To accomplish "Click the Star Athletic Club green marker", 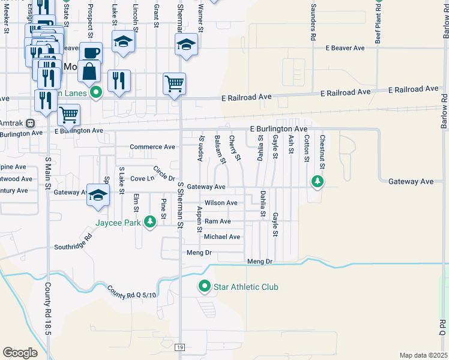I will [x=205, y=287].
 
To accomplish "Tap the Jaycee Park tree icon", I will [x=150, y=223].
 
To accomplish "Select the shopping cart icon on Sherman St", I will [x=174, y=84].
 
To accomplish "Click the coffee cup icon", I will [x=91, y=53].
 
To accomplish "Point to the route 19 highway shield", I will [x=179, y=347].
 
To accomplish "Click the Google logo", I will [x=20, y=353].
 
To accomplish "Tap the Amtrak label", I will [x=10, y=122].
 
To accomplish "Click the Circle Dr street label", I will [x=163, y=173].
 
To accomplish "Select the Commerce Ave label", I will [x=152, y=147].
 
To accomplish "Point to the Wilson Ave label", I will [x=221, y=203].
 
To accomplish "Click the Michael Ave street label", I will [x=222, y=237].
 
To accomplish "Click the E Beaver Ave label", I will [x=345, y=48].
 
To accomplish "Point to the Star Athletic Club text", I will [x=246, y=287].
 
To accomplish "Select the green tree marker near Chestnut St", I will [x=316, y=181].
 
